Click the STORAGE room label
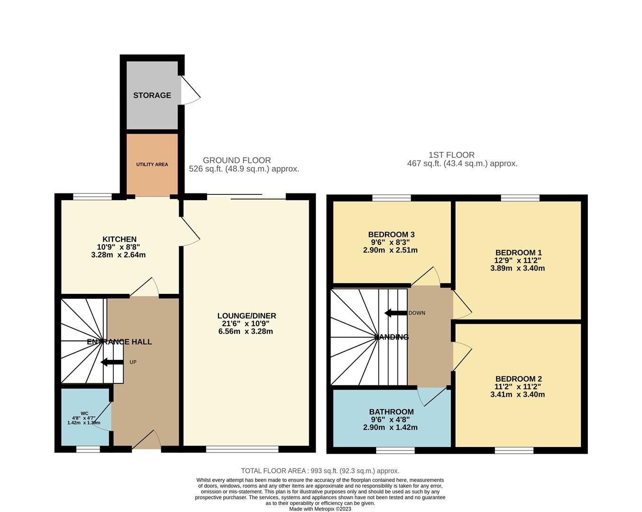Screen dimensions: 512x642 (x=152, y=95)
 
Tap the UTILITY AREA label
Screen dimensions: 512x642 (x=152, y=165)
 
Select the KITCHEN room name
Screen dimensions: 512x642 (x=119, y=239)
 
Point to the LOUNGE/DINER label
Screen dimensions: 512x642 (x=247, y=316)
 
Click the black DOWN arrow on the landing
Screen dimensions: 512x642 (x=395, y=313)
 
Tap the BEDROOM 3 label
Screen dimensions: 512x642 (x=391, y=235)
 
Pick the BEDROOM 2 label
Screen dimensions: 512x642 (x=518, y=379)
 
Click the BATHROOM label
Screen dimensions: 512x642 (x=391, y=412)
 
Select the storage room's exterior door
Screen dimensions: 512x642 (x=190, y=90)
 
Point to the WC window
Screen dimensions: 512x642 (x=88, y=448)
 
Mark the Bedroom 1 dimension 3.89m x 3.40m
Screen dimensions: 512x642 (x=517, y=268)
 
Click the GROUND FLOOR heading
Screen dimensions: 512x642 (x=237, y=161)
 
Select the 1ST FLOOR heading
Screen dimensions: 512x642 (x=451, y=155)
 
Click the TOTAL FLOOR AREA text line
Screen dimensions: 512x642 (x=320, y=471)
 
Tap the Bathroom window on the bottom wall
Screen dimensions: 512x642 (x=395, y=449)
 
